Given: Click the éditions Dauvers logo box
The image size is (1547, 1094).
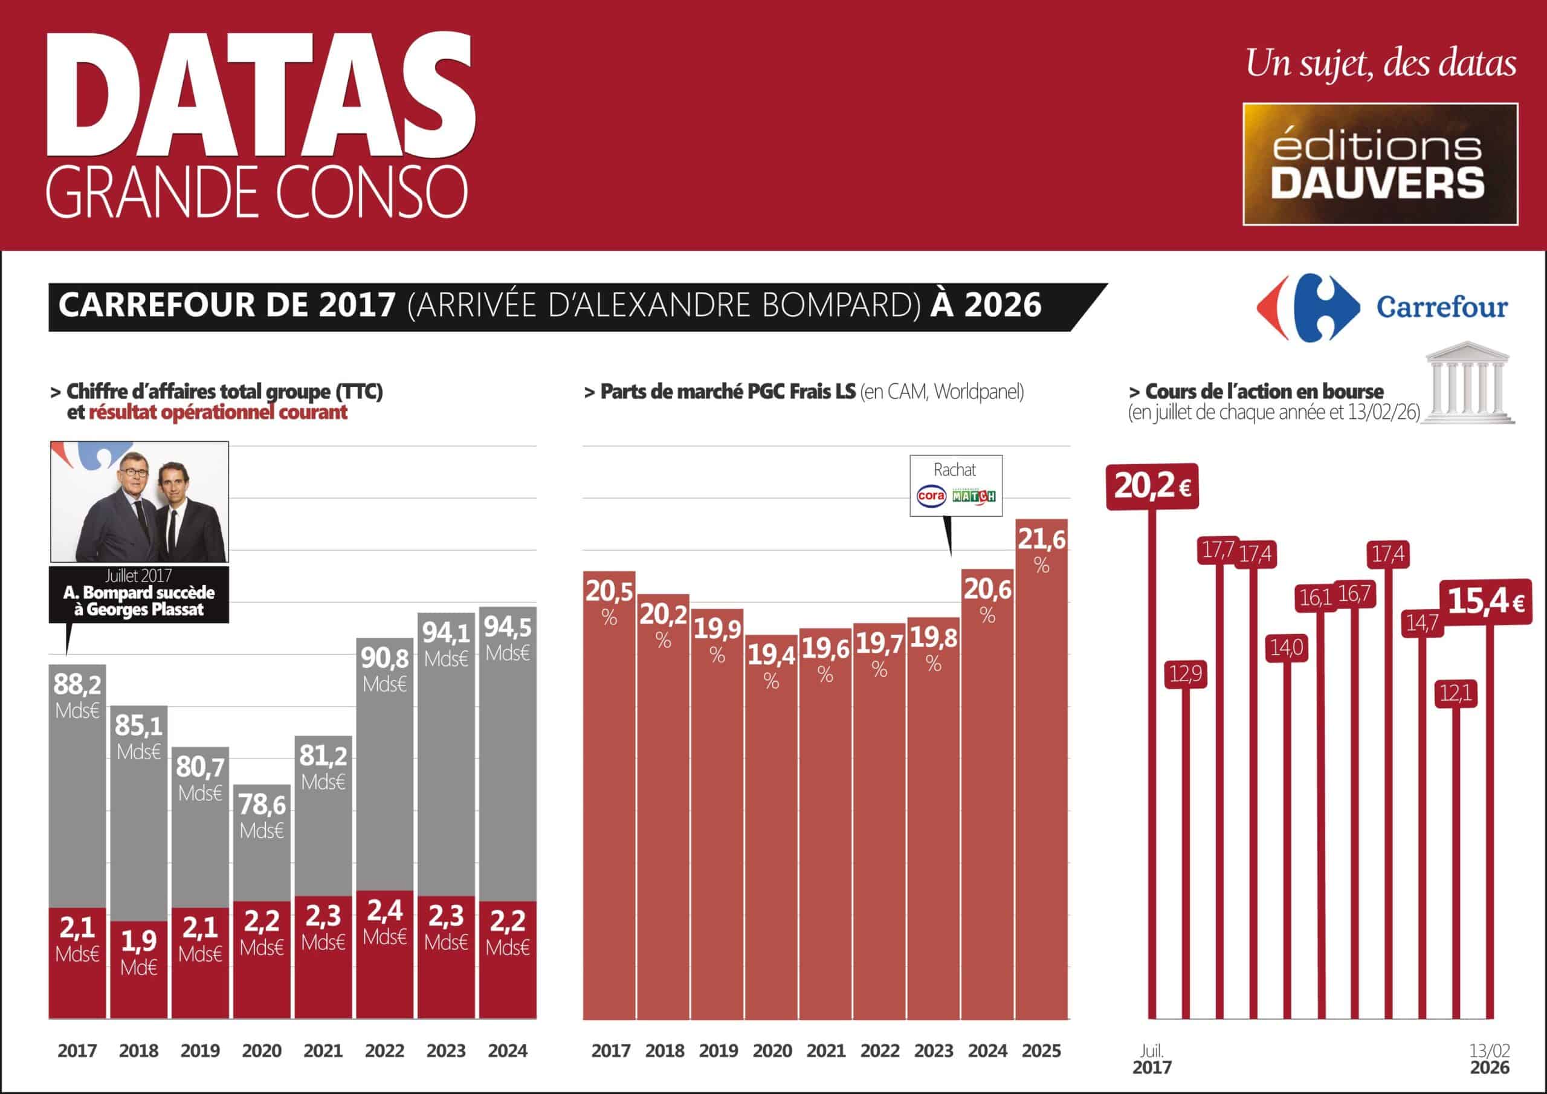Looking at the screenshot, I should click(x=1380, y=164).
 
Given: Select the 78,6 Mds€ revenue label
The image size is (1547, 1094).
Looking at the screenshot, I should click(x=262, y=815).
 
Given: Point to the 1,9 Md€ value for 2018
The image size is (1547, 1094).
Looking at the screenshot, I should click(x=139, y=952).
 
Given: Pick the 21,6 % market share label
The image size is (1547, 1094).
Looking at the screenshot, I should click(x=1042, y=549).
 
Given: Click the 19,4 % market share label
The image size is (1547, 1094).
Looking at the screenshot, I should click(x=772, y=665).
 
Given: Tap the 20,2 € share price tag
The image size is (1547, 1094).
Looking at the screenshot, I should click(x=1152, y=486).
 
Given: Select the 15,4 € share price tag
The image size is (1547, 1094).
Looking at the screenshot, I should click(x=1486, y=601).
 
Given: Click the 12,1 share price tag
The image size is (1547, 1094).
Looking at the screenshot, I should click(x=1456, y=693).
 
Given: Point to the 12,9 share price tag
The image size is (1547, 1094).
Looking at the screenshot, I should click(x=1185, y=673).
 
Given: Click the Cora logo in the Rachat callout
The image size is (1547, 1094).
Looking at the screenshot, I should click(x=932, y=496).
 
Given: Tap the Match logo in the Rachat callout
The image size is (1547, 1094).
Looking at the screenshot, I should click(x=974, y=496).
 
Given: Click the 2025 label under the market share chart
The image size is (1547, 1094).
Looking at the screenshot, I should click(x=1041, y=1050).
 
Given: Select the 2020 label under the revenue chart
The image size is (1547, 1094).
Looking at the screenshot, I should click(x=262, y=1050).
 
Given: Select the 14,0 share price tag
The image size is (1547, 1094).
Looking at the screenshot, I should click(x=1287, y=648).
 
